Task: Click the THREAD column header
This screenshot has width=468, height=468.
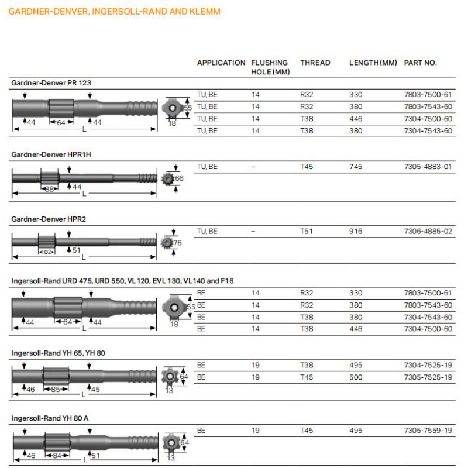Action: point(315,63)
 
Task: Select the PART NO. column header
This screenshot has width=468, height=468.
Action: point(420,63)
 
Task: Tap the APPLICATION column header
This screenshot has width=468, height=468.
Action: point(221,63)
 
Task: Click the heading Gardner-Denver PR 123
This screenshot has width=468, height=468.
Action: point(51,83)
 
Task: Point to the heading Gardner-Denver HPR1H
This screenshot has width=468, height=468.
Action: point(51,154)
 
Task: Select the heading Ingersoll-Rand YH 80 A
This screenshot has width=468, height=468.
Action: point(50,418)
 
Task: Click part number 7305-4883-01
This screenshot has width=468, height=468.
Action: point(428,167)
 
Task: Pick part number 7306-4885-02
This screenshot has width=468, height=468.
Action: point(428,232)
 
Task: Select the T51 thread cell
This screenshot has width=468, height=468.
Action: point(307,232)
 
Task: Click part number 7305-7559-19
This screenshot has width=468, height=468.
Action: point(428,431)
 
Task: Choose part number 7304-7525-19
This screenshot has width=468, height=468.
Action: point(428,366)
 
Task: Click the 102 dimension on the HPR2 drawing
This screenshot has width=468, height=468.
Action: point(46,252)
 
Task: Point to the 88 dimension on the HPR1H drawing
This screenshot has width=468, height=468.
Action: point(50,188)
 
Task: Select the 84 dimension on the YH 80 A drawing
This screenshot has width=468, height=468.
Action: point(57,455)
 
